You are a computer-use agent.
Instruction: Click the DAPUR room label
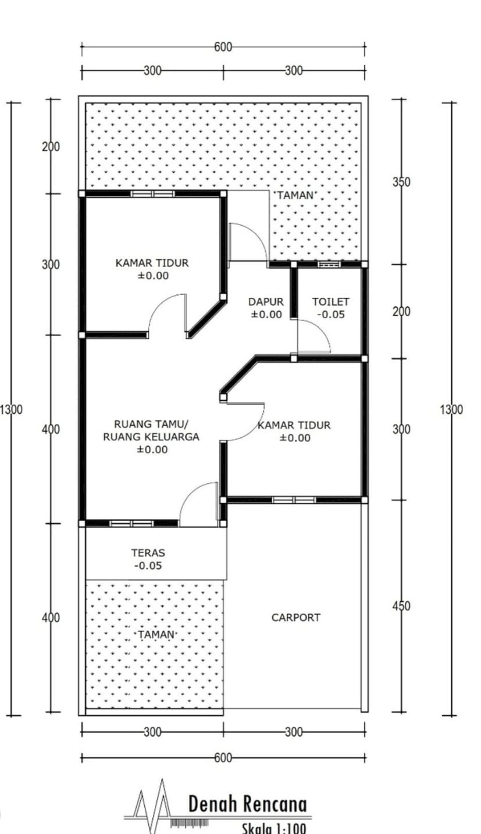pyautogui.click(x=266, y=301)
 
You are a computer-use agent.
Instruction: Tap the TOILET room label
pyautogui.click(x=330, y=301)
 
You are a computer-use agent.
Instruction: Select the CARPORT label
pyautogui.click(x=295, y=617)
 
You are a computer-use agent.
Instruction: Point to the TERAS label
pyautogui.click(x=148, y=553)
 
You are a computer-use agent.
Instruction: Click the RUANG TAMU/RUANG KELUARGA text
pyautogui.click(x=151, y=430)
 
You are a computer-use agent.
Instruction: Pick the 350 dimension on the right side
pyautogui.click(x=401, y=182)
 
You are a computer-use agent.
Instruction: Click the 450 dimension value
pyautogui.click(x=401, y=606)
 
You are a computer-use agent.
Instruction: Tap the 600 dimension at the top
pyautogui.click(x=223, y=47)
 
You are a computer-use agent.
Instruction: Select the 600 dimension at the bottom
pyautogui.click(x=223, y=757)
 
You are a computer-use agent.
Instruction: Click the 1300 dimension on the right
pyautogui.click(x=451, y=409)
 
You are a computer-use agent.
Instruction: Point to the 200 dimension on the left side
pyautogui.click(x=51, y=147)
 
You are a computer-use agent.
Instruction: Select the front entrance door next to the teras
pyautogui.click(x=198, y=504)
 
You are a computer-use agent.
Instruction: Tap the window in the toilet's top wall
pyautogui.click(x=329, y=265)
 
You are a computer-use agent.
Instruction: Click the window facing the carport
pyautogui.click(x=294, y=500)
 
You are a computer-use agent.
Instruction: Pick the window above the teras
pyautogui.click(x=131, y=523)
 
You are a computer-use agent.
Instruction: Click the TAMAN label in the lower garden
pyautogui.click(x=156, y=635)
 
